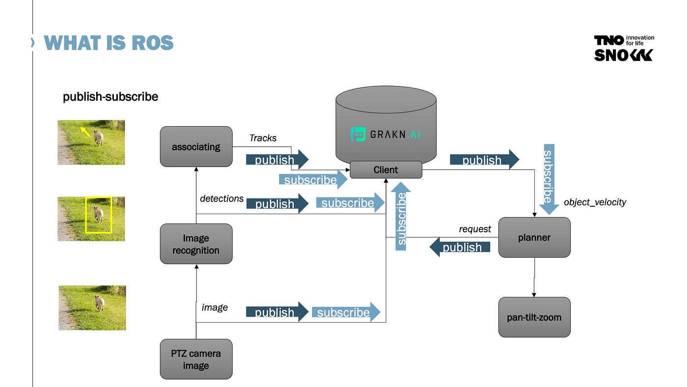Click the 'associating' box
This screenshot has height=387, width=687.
click(x=196, y=146)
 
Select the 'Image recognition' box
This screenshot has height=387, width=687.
click(x=196, y=244)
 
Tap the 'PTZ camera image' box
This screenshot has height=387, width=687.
click(x=196, y=359)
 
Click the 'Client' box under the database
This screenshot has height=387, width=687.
click(x=386, y=169)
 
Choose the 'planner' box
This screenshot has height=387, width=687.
click(x=534, y=237)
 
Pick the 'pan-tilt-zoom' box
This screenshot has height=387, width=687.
click(x=534, y=317)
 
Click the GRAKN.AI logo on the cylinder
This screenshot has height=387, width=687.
click(x=386, y=134)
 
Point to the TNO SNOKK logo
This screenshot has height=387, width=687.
click(x=624, y=48)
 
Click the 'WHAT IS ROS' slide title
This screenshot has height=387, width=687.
click(x=108, y=43)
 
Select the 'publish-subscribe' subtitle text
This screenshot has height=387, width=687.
click(x=110, y=97)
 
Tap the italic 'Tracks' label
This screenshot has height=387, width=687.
click(x=263, y=138)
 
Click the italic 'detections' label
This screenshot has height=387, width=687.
click(x=222, y=198)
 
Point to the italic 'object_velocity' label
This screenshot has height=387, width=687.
click(x=595, y=202)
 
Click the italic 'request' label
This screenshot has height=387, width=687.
click(x=475, y=229)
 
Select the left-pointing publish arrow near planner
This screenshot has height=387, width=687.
click(x=460, y=247)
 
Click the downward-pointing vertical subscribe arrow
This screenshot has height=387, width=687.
click(x=549, y=179)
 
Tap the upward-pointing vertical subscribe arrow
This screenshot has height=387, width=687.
click(x=401, y=216)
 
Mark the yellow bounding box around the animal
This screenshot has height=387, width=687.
click(x=99, y=215)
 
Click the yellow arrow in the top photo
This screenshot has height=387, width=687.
click(x=85, y=131)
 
